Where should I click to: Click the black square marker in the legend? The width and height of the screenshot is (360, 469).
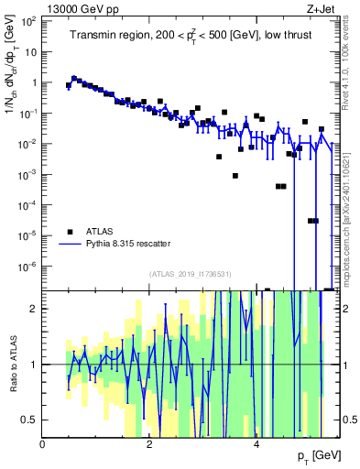(70, 232)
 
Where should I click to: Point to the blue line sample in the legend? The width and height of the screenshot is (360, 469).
(70, 245)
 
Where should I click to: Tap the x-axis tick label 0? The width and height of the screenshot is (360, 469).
(43, 444)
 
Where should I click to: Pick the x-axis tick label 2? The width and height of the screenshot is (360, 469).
(150, 444)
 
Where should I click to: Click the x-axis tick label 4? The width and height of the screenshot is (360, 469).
(257, 444)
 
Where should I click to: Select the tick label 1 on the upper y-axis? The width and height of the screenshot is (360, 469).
(35, 82)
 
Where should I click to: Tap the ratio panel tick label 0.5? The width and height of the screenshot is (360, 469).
(31, 420)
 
